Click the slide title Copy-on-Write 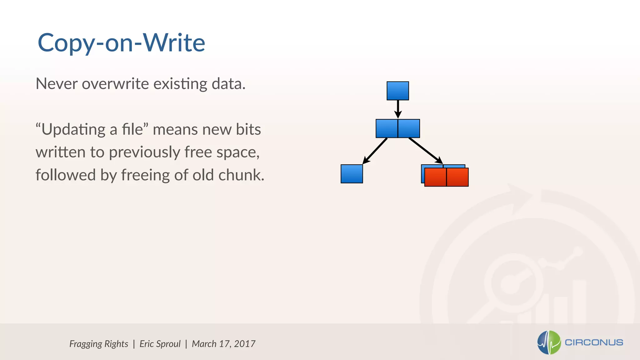click(x=121, y=43)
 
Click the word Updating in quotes click(x=73, y=129)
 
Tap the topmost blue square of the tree click(x=397, y=91)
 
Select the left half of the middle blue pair click(x=387, y=128)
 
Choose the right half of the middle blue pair click(x=409, y=128)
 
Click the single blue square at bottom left click(x=352, y=174)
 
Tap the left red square click(x=435, y=177)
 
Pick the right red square click(x=457, y=177)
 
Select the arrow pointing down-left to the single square click(x=375, y=151)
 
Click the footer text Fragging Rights click(x=98, y=344)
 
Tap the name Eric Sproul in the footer click(x=160, y=344)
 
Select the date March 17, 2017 click(x=223, y=344)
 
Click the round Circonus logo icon click(x=549, y=342)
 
